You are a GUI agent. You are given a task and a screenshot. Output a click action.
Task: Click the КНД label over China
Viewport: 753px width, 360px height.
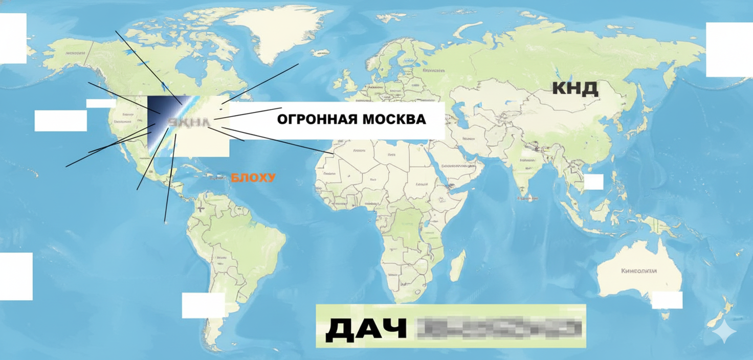point(575,88)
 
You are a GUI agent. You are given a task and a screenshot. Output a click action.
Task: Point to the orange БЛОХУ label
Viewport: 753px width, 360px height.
point(253,178)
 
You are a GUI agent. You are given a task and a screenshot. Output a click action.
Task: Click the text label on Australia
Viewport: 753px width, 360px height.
point(638,271)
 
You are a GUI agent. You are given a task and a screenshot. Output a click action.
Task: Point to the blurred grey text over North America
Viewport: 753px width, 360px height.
point(189,123)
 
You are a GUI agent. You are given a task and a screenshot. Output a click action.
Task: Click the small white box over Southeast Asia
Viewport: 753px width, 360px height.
point(593,182)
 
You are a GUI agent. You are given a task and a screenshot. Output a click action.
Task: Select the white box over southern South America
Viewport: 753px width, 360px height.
point(203,305)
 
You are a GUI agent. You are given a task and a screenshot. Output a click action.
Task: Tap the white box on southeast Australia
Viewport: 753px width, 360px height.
point(667,300)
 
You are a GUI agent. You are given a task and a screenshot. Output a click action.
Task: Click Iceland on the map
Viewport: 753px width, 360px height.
point(321,52)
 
